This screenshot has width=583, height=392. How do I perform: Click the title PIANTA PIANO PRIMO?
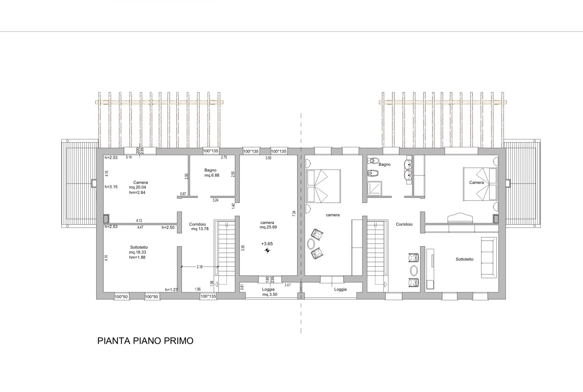(145, 341)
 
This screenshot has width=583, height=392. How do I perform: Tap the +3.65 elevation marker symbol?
(267, 250)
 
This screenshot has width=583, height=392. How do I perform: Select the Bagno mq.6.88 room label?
(211, 173)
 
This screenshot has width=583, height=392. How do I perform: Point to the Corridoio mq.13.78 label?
(199, 227)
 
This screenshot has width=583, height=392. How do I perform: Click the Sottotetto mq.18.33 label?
(138, 252)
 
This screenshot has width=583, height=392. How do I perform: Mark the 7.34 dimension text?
(294, 213)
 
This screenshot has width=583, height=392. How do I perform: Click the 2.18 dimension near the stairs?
(199, 267)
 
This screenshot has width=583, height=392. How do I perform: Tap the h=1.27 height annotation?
(171, 290)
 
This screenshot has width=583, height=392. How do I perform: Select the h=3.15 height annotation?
(111, 187)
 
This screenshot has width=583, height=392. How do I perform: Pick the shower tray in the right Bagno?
(375, 189)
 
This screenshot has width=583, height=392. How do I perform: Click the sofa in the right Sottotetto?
(489, 258)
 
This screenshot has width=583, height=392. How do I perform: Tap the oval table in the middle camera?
(311, 244)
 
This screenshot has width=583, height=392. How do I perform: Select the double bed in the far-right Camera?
(480, 184)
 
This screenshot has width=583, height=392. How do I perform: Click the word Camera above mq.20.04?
(141, 182)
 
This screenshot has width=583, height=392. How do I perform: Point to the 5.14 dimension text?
(129, 157)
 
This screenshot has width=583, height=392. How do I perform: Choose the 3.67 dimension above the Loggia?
(288, 285)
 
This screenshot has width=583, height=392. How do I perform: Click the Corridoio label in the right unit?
(404, 224)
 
